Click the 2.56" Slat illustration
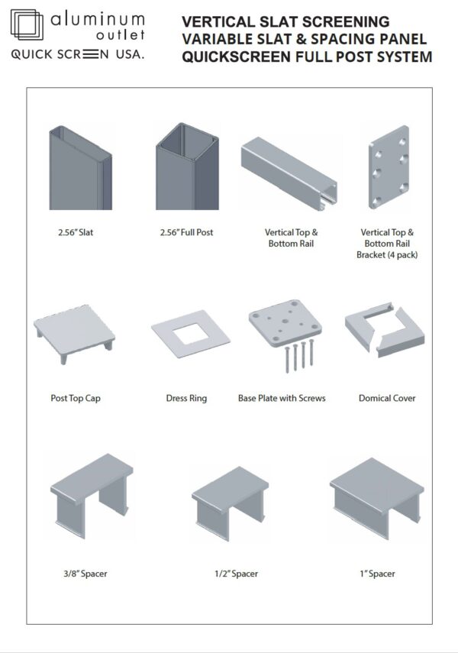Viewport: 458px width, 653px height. (80, 169)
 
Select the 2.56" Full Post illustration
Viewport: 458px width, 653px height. (187, 167)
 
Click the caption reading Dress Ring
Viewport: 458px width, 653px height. (186, 398)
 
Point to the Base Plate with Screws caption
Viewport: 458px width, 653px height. (282, 398)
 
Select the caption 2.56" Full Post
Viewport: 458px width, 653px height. (186, 232)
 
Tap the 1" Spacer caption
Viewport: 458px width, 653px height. (376, 574)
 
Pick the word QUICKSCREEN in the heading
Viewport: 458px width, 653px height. (235, 57)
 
